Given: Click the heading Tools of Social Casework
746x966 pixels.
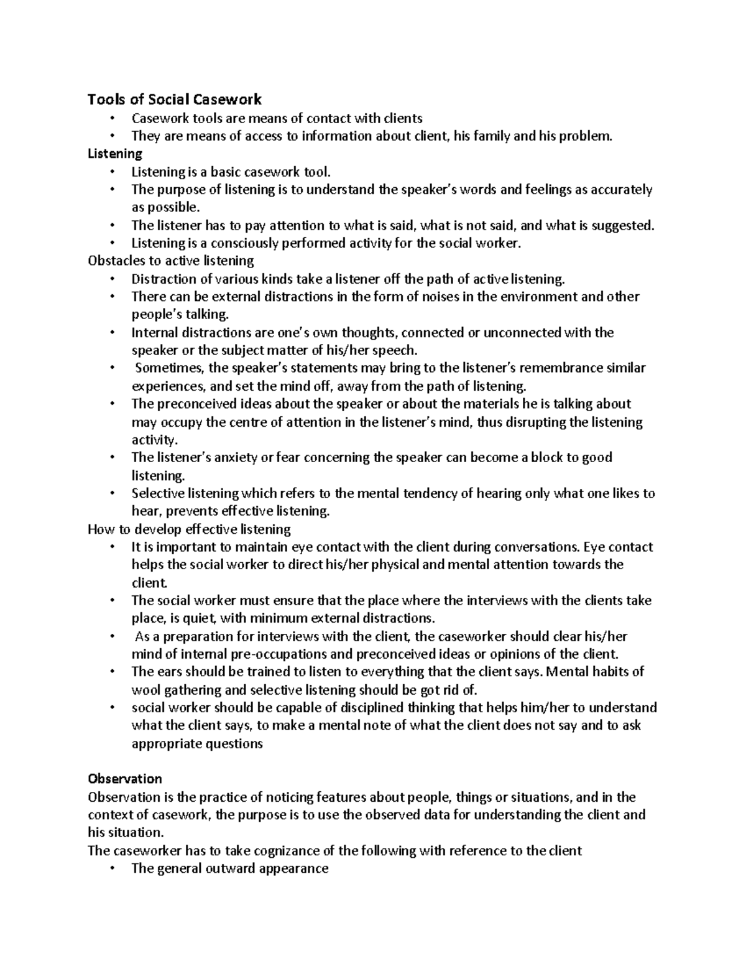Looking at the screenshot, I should pos(175,100).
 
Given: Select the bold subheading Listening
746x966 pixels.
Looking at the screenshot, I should pos(115,154).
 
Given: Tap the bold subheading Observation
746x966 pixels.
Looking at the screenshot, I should pos(125,779).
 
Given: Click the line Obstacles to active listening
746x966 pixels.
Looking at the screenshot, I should pos(171,261).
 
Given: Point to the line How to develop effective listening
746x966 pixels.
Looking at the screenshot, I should pos(189,529).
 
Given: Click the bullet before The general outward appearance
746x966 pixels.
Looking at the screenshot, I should pos(112,869).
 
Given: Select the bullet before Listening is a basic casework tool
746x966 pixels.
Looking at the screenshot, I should pos(112,172).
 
